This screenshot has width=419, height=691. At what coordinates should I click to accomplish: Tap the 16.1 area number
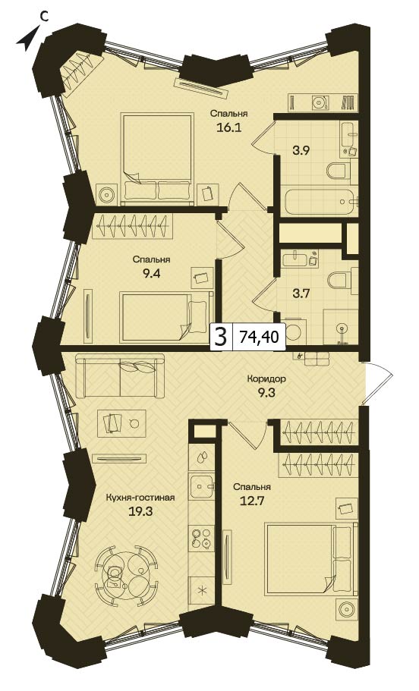click(228, 127)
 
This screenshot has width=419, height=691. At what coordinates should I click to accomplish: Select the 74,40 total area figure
click(259, 337)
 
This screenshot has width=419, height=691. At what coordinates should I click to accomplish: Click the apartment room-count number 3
click(221, 338)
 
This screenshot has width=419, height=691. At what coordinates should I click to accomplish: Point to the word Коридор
click(266, 378)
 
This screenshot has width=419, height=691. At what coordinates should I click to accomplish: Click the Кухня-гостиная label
click(140, 498)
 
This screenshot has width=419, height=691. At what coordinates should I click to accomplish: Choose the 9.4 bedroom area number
click(151, 273)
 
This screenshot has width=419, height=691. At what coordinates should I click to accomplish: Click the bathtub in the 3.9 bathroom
click(320, 202)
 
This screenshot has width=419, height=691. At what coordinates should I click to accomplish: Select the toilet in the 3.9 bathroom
click(339, 171)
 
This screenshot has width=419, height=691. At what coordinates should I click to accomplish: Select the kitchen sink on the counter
click(202, 486)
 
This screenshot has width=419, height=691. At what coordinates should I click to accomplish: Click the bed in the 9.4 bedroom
click(167, 316)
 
